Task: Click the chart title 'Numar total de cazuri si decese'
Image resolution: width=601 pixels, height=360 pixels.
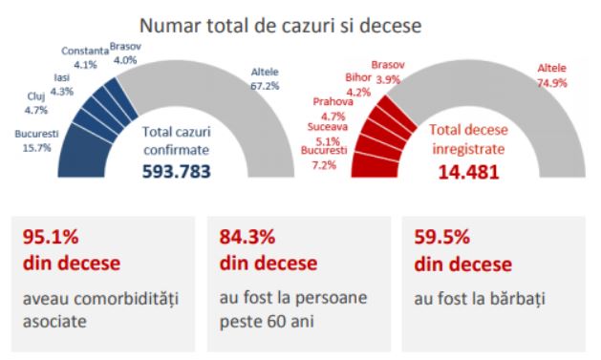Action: [x=280, y=26]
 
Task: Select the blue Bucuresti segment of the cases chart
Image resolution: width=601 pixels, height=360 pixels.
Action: [x=82, y=153]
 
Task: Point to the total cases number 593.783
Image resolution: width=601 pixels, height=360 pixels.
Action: [x=177, y=171]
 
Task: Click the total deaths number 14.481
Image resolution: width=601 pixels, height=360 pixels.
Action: [x=468, y=172]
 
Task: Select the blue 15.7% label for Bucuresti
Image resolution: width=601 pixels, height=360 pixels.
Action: [x=37, y=148]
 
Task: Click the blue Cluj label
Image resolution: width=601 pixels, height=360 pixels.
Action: [x=36, y=96]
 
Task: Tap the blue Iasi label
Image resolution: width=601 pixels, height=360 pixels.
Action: [x=62, y=77]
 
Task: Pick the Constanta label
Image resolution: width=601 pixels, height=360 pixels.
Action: [x=85, y=51]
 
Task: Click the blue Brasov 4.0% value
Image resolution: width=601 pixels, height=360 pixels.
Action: [x=125, y=60]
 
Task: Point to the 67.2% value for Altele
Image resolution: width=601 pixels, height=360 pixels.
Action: [x=265, y=86]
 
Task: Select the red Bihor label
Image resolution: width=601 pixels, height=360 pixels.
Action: [x=358, y=77]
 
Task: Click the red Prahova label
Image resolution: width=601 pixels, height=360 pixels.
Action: [x=333, y=102]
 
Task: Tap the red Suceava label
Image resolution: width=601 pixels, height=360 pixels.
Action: [x=328, y=127]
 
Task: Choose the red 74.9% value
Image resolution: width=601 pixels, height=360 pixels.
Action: [x=552, y=83]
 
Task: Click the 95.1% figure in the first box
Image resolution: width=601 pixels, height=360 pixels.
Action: [x=51, y=237]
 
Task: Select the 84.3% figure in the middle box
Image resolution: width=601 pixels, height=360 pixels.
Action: [x=247, y=237]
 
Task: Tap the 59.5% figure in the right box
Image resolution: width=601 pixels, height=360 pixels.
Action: [x=442, y=237]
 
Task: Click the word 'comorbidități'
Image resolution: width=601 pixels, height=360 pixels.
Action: [x=126, y=300]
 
